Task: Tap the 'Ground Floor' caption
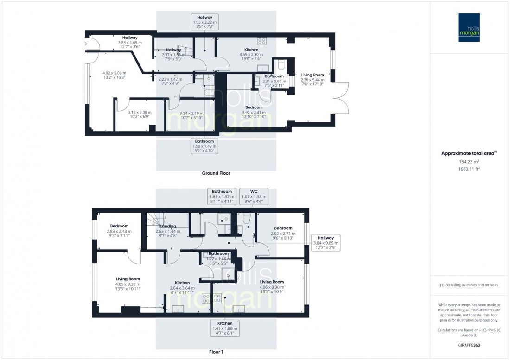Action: [x=216, y=173]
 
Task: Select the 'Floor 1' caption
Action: [x=216, y=352]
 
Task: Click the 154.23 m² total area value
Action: [x=469, y=162]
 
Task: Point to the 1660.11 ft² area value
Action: [x=469, y=169]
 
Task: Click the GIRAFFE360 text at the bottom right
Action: [x=469, y=346]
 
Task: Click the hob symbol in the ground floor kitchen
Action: [x=261, y=41]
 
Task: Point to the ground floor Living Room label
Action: [x=312, y=75]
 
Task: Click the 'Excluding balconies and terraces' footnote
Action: [x=469, y=285]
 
